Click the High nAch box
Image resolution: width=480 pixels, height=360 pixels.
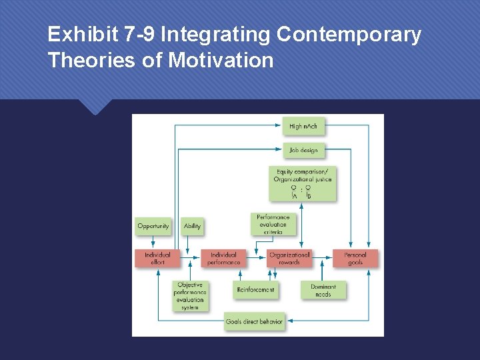pos(303,126)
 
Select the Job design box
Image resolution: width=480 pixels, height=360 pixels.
pos(303,150)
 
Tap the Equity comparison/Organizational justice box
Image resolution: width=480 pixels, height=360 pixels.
pos(302,183)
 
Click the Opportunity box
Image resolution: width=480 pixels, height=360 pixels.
pos(153,226)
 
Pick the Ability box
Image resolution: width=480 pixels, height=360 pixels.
pos(191,226)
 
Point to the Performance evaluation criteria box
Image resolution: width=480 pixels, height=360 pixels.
pos(273,225)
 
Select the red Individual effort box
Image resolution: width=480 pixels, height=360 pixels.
pos(157,258)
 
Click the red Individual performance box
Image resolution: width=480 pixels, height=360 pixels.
pos(223,258)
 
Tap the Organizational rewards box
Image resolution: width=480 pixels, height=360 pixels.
pos(289,258)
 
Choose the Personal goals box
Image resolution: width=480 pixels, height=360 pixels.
pos(355,258)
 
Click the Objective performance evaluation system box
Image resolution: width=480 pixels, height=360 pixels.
pos(190,295)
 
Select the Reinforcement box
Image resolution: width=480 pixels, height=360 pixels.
pos(255,289)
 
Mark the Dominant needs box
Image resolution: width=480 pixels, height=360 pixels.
pos(323,290)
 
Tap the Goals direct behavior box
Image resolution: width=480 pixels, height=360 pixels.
pos(254,321)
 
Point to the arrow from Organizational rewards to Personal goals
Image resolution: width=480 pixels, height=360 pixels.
pos(322,254)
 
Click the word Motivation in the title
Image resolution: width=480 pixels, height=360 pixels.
pos(221,61)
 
